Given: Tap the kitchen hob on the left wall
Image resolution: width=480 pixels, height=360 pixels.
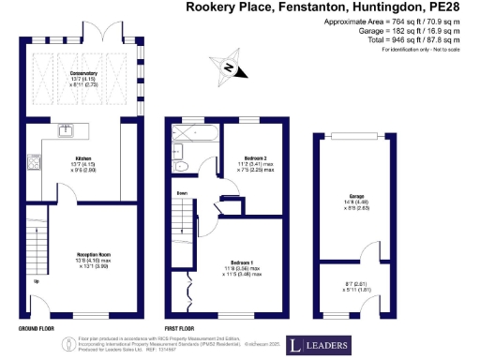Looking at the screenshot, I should coord(35,164).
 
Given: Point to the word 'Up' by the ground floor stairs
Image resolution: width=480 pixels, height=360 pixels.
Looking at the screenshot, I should coord(37,280).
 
